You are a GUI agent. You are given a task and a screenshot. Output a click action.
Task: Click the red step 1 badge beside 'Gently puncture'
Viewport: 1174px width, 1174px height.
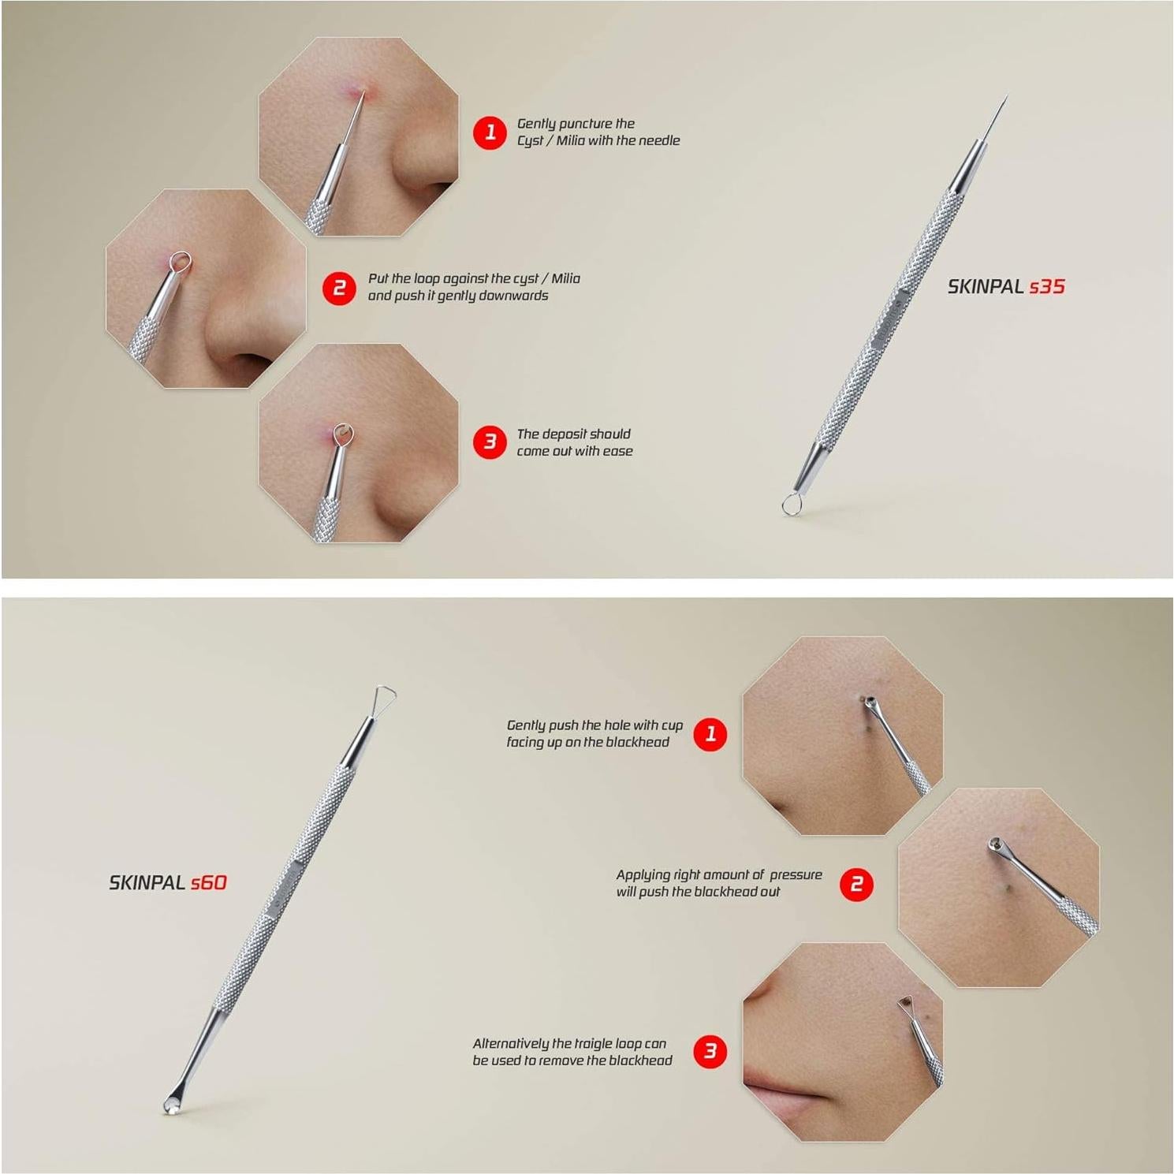coord(490,132)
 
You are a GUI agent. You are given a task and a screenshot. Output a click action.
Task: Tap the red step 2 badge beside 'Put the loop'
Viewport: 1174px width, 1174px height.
coord(339,288)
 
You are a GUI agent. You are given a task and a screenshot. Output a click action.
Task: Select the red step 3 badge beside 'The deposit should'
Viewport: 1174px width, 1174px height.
coord(490,442)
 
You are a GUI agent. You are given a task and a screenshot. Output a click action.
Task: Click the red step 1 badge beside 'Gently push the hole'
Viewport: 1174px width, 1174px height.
coord(710,734)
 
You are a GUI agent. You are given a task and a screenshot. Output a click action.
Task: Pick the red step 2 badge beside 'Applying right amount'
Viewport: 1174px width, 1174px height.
coord(856,884)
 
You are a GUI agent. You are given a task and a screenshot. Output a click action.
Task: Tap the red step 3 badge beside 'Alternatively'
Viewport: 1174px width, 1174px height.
coord(710,1051)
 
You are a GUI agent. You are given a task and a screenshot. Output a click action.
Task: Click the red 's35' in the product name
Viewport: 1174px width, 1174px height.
coord(1047,287)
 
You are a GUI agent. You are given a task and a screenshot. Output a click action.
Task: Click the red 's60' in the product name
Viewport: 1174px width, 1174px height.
coord(208,883)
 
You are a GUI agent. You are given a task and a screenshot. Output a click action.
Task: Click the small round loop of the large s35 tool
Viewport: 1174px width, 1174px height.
coord(791,504)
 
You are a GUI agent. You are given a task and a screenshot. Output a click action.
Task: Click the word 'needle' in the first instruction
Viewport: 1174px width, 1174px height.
coord(658,140)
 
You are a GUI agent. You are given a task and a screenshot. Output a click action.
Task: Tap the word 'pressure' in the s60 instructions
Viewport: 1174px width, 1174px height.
coord(796,874)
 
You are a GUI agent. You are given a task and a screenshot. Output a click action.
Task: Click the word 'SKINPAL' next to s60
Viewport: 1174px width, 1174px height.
coord(147,883)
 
